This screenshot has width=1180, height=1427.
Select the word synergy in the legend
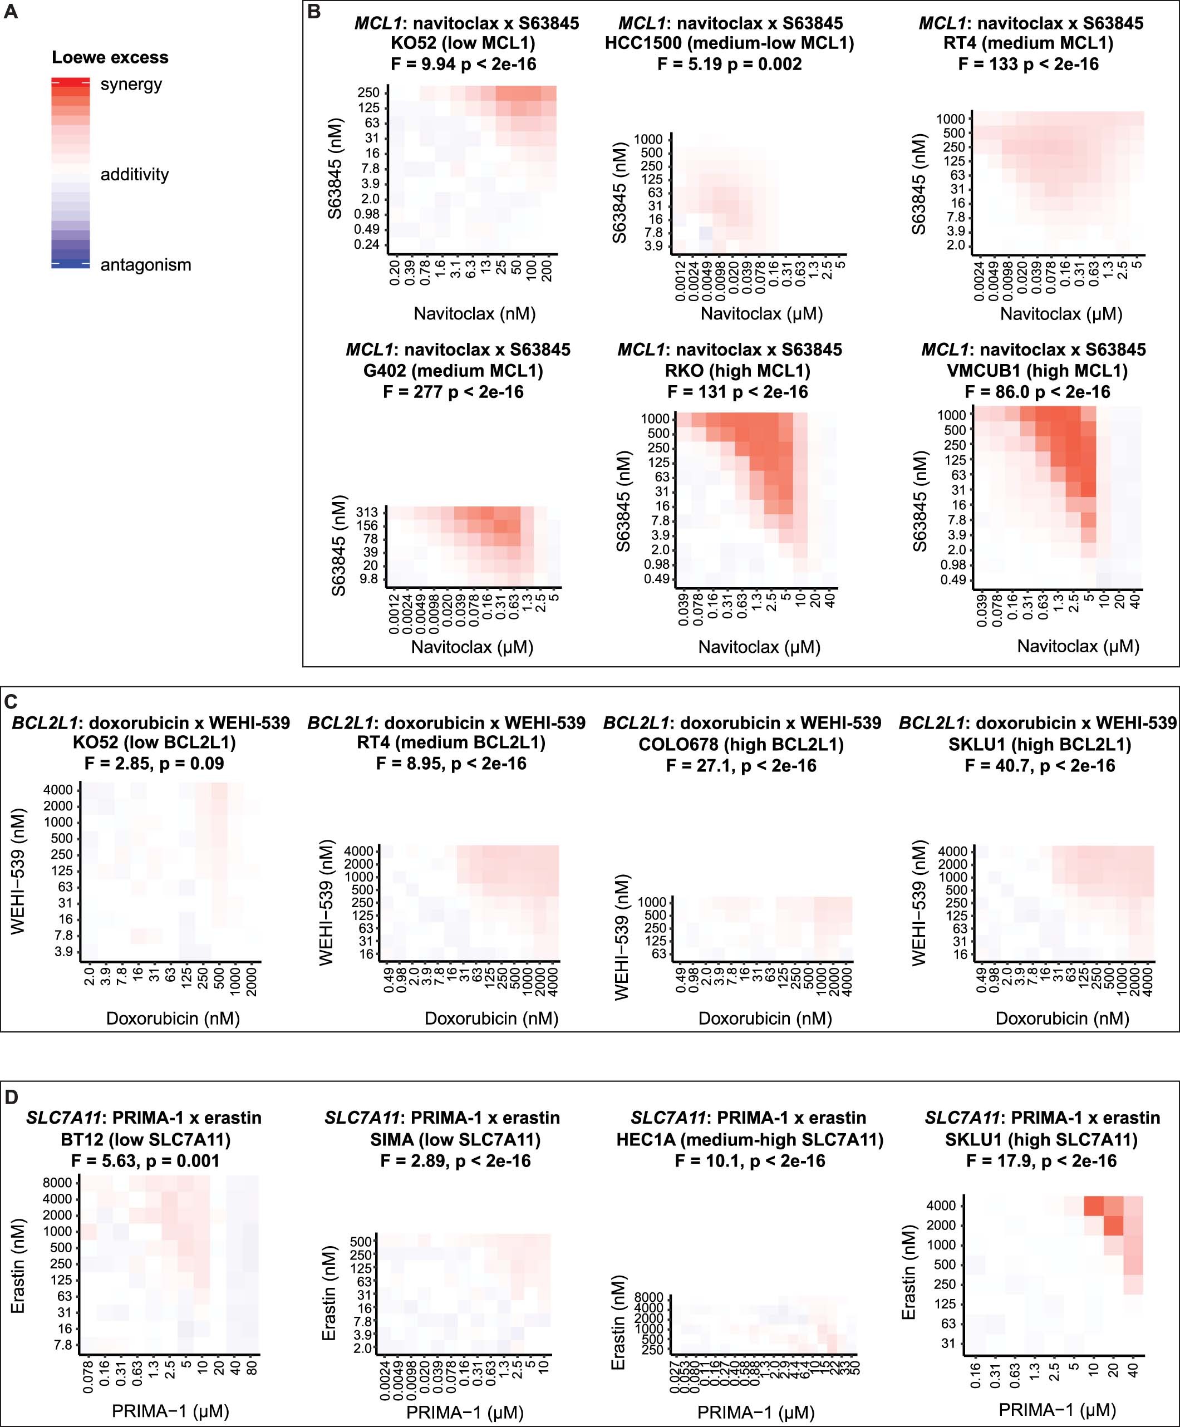point(131,85)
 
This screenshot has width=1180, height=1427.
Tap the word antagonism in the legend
point(145,265)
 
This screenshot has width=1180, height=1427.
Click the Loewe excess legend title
point(110,58)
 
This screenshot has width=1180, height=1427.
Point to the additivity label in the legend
point(135,175)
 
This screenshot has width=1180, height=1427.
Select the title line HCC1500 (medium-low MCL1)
point(729,43)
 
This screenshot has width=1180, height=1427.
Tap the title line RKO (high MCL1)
point(737,371)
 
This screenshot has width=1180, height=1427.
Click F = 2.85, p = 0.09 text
point(154,763)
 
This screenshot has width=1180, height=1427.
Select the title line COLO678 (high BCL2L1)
point(741,744)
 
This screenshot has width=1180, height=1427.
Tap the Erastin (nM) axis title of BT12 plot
point(18,1276)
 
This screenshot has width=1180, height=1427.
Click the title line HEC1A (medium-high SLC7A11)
point(750,1140)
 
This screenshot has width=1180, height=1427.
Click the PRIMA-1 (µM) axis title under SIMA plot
point(465,1412)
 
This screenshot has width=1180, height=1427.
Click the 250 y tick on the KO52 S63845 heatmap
point(368,93)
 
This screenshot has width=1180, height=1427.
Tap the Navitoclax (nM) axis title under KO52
point(474,313)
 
